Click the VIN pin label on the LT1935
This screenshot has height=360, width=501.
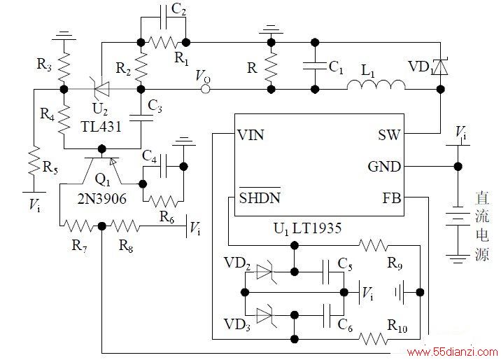tap(251, 135)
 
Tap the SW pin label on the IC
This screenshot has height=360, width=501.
tap(389, 135)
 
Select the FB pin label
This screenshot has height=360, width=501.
tap(392, 198)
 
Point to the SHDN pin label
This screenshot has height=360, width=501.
tap(260, 198)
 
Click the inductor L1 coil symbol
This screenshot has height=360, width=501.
tap(376, 85)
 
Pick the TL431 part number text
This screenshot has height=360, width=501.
tap(101, 127)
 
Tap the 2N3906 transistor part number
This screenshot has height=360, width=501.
tap(102, 199)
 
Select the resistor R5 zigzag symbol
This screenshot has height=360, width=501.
tap(34, 161)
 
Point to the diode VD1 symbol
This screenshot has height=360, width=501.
tap(440, 67)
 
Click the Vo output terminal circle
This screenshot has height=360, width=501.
tap(206, 89)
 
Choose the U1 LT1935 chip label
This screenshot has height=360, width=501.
tap(307, 228)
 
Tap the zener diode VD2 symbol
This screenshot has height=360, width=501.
tap(265, 272)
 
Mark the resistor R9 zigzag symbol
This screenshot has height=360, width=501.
tap(373, 246)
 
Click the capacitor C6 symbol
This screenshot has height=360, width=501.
tap(327, 316)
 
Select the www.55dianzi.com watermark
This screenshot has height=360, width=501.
tap(453, 352)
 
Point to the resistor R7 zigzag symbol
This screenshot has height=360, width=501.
tap(78, 226)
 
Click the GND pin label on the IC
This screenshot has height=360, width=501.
tap(384, 167)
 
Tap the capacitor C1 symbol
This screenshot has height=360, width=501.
tap(315, 66)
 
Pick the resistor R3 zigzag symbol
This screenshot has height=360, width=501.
tap(64, 66)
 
